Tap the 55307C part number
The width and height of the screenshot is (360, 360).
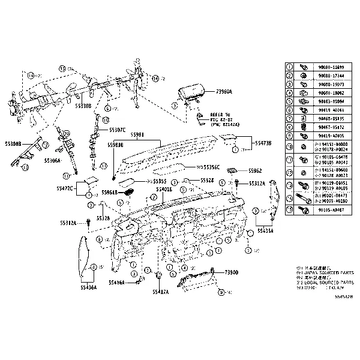click(117, 130)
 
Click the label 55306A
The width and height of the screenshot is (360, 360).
click(53, 161)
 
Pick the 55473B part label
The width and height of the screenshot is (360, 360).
click(263, 143)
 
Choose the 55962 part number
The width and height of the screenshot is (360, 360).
click(256, 170)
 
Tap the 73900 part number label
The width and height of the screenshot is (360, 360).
click(231, 272)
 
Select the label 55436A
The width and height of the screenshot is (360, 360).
click(88, 287)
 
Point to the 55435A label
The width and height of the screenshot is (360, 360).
click(265, 230)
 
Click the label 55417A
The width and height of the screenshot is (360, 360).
click(160, 292)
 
